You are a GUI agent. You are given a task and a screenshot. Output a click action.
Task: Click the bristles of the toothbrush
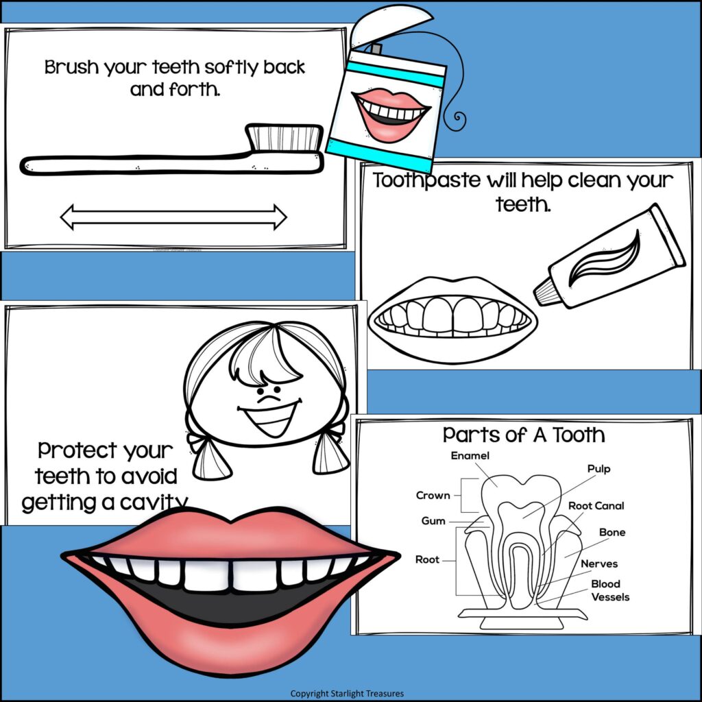click(285, 137)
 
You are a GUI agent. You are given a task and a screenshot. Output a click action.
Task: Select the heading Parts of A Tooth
click(524, 435)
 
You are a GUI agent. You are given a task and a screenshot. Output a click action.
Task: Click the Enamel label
click(470, 456)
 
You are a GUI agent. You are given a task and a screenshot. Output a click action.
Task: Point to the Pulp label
click(598, 470)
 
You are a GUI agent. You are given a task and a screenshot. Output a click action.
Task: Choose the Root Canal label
click(596, 506)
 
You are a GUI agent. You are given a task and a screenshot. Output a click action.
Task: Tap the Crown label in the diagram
click(433, 496)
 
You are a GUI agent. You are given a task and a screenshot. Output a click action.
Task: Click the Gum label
click(433, 521)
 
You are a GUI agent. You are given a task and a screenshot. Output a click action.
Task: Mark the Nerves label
click(599, 564)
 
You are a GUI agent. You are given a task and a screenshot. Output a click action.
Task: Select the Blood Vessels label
click(609, 590)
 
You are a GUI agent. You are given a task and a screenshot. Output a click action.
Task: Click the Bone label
click(612, 532)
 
